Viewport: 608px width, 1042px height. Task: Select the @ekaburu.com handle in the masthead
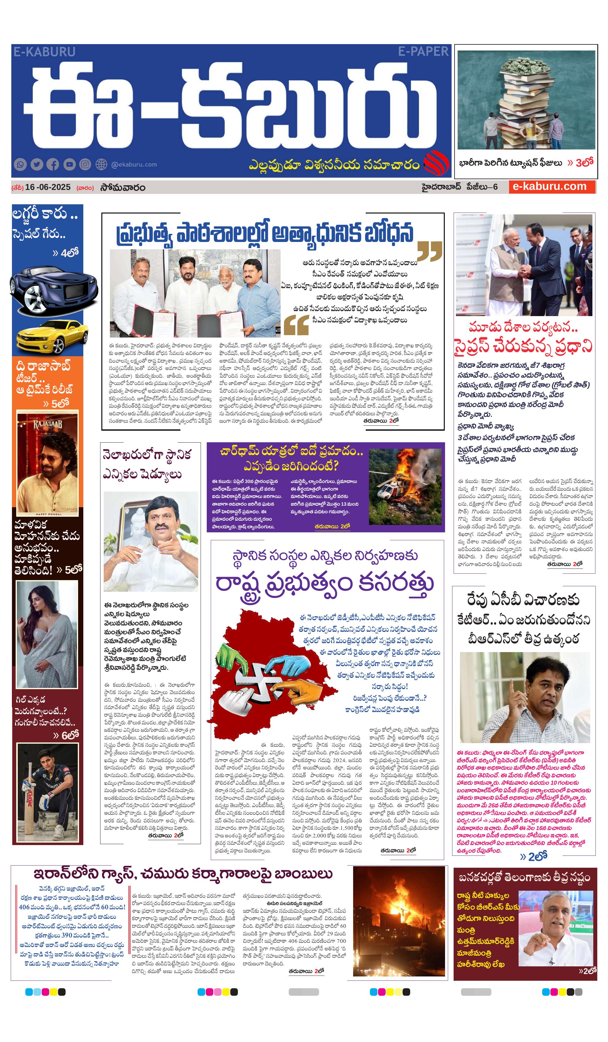coord(134,164)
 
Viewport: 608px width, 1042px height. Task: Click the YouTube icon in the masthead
coord(70,164)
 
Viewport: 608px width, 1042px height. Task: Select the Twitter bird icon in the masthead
coord(37,164)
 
